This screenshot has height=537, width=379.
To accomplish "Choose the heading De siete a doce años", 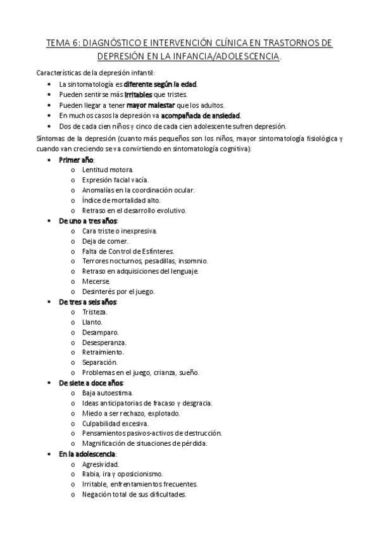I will click(x=90, y=383).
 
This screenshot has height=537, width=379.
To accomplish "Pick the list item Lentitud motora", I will click(x=108, y=170).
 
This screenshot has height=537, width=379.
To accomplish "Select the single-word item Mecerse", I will click(x=96, y=281).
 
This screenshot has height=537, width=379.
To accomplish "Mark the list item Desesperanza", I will click(x=104, y=342).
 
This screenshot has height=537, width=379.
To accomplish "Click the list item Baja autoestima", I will click(x=108, y=393).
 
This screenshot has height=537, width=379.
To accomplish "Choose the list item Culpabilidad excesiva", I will click(x=115, y=423).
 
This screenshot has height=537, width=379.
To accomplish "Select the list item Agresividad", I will click(x=100, y=464).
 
